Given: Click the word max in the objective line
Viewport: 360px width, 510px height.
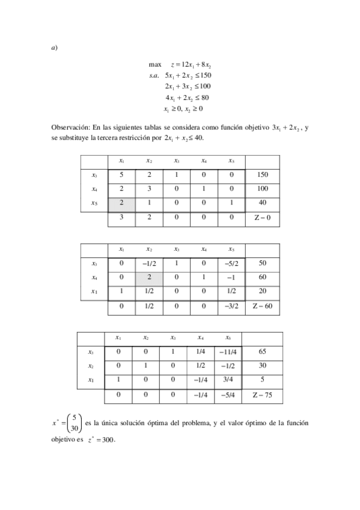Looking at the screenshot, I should click(x=155, y=64).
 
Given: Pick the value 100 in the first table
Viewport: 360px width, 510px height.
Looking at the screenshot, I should click(x=262, y=189).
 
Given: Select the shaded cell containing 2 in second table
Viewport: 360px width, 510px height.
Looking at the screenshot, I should click(x=149, y=278).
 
